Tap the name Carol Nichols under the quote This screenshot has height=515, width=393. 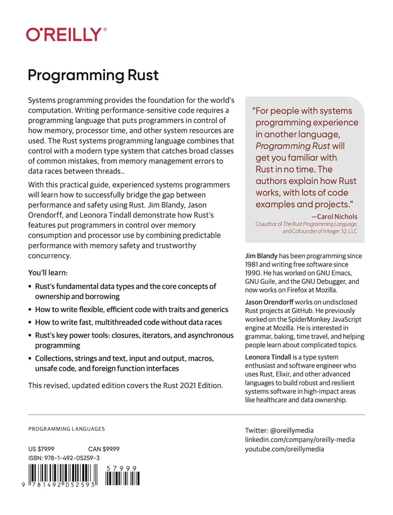tap(336, 217)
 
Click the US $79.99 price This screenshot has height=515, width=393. tap(42, 449)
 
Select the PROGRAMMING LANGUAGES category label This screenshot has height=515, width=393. tap(66, 429)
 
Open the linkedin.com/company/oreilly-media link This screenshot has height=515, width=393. tap(300, 440)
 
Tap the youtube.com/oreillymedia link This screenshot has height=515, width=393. tap(285, 449)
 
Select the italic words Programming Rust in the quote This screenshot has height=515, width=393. tap(290, 146)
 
